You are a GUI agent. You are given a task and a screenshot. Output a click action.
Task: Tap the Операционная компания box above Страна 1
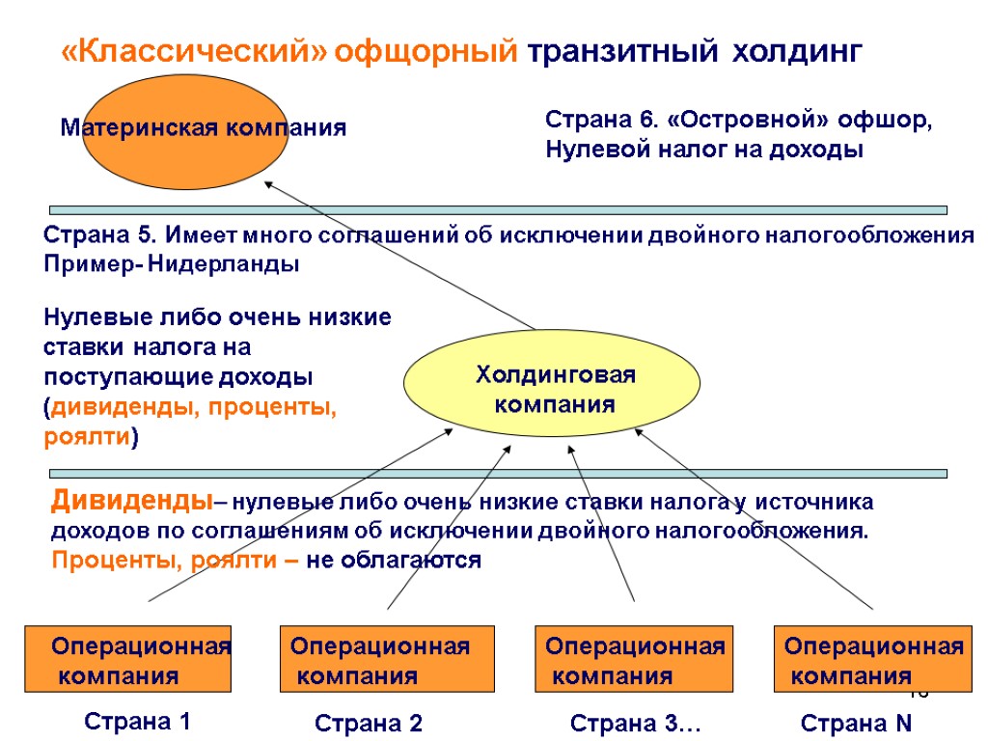[x=127, y=659]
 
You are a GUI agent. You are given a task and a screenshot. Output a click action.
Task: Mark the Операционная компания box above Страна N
[x=871, y=659]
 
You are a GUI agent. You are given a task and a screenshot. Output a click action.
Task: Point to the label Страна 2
[x=370, y=724]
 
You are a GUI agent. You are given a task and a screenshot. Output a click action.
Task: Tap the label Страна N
[x=857, y=724]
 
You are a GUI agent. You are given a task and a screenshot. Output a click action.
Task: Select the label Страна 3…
[x=635, y=724]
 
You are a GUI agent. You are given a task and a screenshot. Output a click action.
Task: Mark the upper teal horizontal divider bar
[x=498, y=209]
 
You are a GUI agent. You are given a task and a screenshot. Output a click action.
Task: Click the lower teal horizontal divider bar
[x=498, y=474]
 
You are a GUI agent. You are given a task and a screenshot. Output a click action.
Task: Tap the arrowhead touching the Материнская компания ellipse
[x=270, y=184]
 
